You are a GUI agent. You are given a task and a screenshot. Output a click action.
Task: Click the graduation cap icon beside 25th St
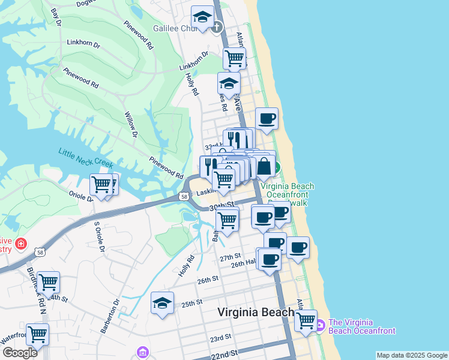pyautogui.click(x=162, y=303)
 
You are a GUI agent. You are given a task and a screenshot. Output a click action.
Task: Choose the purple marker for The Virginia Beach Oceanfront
pyautogui.click(x=320, y=326)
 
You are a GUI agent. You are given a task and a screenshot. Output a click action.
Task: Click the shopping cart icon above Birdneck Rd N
pyautogui.click(x=48, y=281)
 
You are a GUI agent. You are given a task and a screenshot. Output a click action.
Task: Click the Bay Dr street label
pyautogui.click(x=56, y=16)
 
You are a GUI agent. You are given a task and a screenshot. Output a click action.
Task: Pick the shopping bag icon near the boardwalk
pyautogui.click(x=264, y=167)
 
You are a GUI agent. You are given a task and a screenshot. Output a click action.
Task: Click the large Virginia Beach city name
pyautogui.click(x=256, y=312)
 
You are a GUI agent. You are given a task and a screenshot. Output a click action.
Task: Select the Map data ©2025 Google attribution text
pyautogui.click(x=412, y=355)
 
